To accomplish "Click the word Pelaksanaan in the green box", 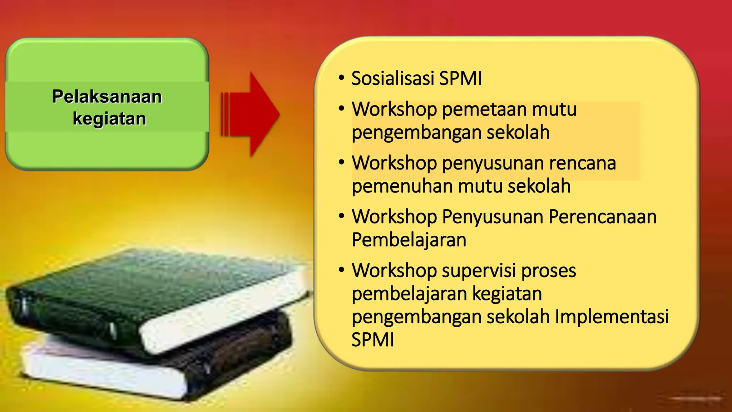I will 107,97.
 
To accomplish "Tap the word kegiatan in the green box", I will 109,119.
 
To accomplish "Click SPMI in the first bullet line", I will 460,78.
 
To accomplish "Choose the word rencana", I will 583,163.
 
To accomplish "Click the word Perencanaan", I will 603,217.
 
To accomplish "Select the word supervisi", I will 479,270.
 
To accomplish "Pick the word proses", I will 549,271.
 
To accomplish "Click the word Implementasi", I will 612,317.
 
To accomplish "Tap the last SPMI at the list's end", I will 373,339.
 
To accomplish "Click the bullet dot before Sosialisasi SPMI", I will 342,78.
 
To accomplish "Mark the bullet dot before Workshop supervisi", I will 342,270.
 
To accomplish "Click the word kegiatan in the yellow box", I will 507,294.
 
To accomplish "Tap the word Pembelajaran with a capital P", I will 409,240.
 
